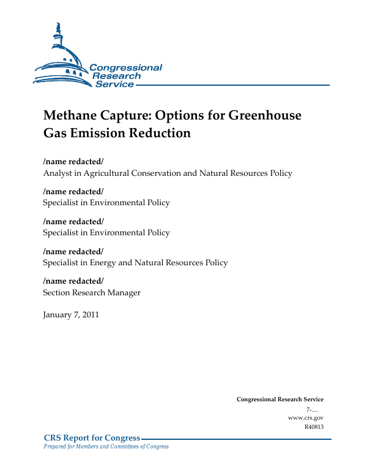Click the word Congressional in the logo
point(126,68)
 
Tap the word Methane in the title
point(72,116)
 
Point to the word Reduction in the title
point(160,132)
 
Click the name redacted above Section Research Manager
point(73,281)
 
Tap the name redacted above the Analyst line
point(73,161)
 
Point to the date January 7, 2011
point(71,315)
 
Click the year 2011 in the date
point(89,315)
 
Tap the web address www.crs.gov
point(305,417)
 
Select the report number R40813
point(314,426)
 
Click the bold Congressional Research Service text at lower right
point(280,399)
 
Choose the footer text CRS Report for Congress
point(92,437)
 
